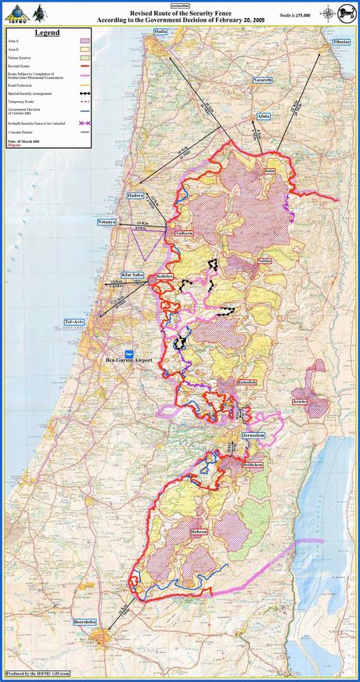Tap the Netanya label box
click(x=106, y=222)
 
